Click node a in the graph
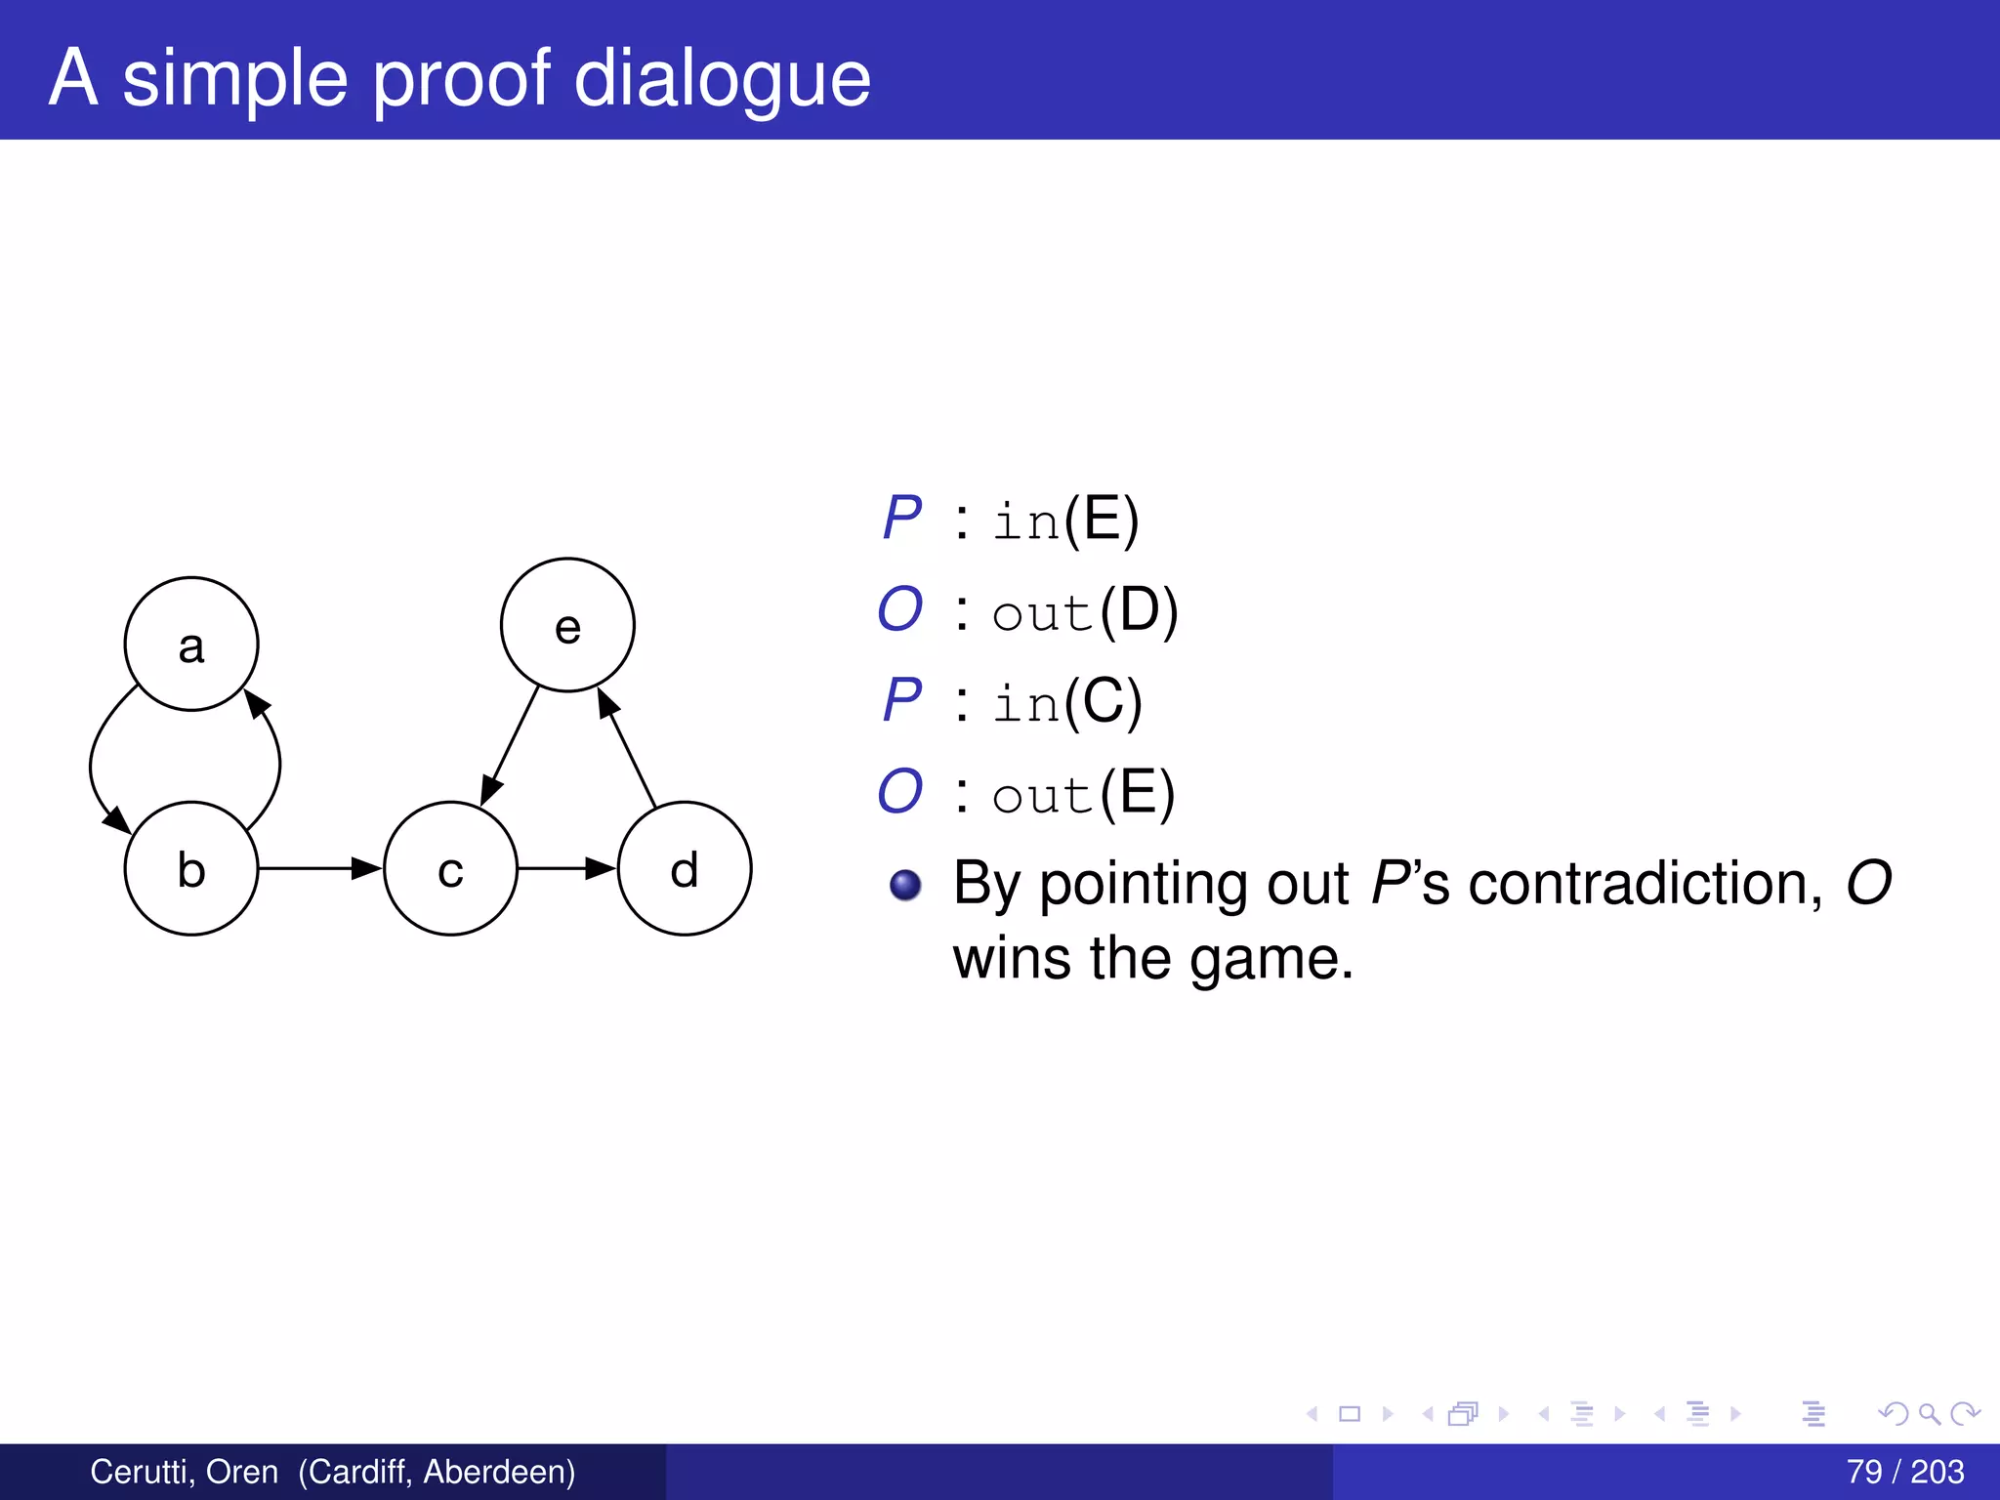(x=191, y=645)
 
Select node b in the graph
(x=191, y=868)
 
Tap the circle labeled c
(x=450, y=868)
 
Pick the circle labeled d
(x=685, y=868)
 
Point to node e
(x=567, y=625)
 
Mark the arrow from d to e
(x=627, y=748)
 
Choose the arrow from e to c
(x=510, y=747)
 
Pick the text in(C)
(x=1066, y=702)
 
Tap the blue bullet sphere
(x=905, y=885)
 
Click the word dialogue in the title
(x=722, y=78)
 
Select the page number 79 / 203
(x=1904, y=1472)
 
